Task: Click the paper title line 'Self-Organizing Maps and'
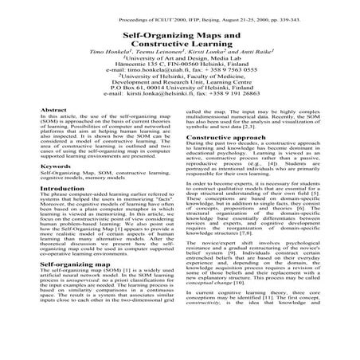coord(179,37)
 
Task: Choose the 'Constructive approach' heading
coord(228,138)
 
